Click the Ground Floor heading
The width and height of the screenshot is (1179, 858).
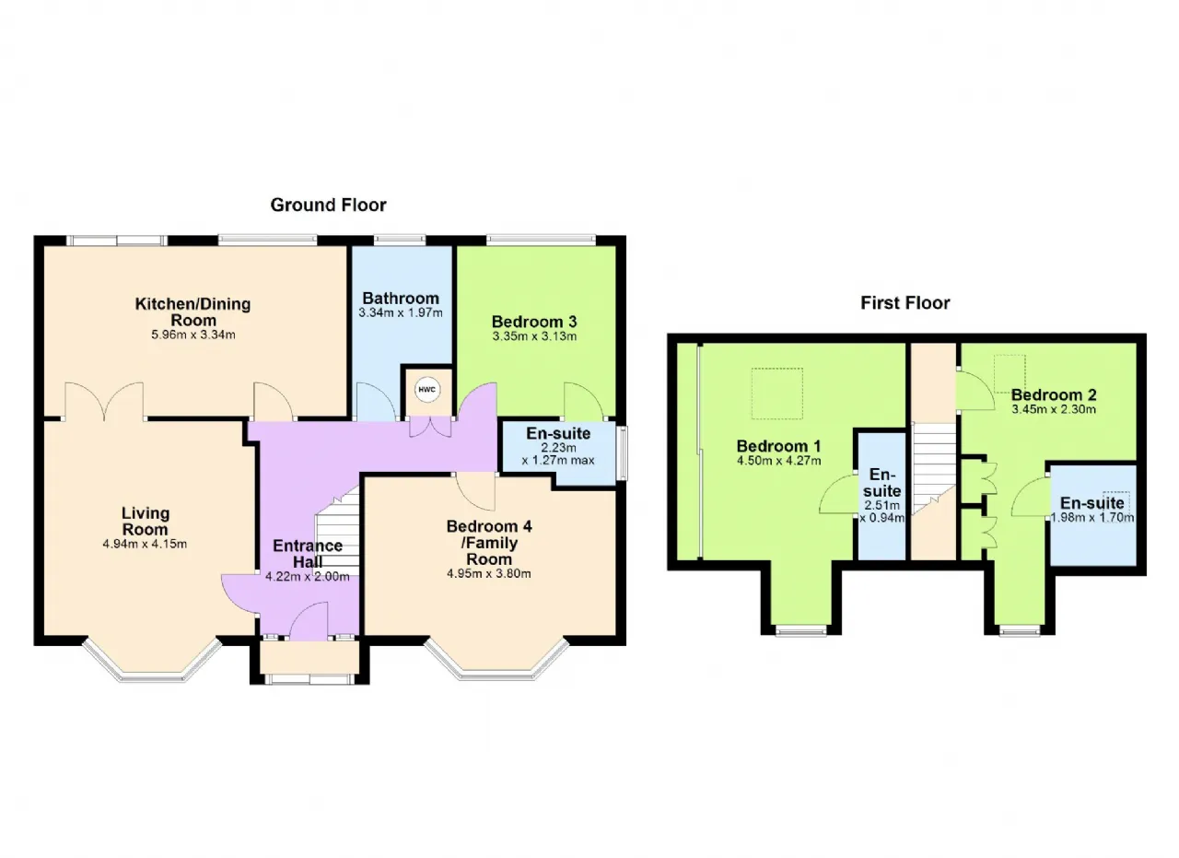(328, 205)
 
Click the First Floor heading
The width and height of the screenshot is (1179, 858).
(905, 303)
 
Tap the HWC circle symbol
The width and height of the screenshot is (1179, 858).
(426, 390)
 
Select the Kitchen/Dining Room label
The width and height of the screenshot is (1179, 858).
(193, 311)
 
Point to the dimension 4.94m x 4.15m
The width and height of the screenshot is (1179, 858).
(145, 544)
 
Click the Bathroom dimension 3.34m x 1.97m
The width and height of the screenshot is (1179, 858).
(401, 312)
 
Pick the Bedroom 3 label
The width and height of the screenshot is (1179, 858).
(534, 322)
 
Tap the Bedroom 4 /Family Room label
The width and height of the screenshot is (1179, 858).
(489, 543)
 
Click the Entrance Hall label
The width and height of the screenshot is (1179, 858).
(308, 554)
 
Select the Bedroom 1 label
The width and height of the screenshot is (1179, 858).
(778, 446)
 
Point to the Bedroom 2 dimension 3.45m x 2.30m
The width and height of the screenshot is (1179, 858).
(1054, 409)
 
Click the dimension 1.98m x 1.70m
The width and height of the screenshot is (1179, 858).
(1092, 518)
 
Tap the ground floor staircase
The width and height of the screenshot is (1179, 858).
(337, 531)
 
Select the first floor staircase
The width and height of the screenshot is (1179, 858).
(934, 468)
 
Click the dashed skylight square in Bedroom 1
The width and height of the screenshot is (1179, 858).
(776, 394)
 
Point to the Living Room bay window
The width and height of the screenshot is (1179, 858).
(152, 662)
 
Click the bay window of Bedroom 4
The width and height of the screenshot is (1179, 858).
(496, 661)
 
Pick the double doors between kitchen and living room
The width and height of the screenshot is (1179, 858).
(104, 401)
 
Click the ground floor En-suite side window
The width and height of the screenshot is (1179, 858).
(623, 453)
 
